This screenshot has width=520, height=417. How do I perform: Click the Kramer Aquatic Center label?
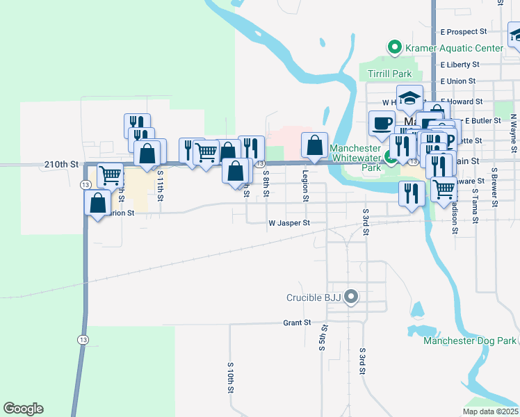pyautogui.click(x=455, y=48)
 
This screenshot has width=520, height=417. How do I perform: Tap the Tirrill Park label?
pyautogui.click(x=390, y=74)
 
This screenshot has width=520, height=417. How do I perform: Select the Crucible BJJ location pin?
pyautogui.click(x=352, y=297)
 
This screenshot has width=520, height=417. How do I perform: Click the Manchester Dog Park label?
pyautogui.click(x=470, y=341)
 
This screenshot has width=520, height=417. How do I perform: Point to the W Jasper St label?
pyautogui.click(x=288, y=223)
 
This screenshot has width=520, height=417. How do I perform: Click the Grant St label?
pyautogui.click(x=296, y=323)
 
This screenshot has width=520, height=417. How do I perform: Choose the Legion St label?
pyautogui.click(x=305, y=186)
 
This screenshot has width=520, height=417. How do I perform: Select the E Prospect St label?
pyautogui.click(x=464, y=32)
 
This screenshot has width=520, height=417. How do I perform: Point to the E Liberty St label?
pyautogui.click(x=460, y=65)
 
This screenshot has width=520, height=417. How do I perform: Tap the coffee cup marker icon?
pyautogui.click(x=382, y=123)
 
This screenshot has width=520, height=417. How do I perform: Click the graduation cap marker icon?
pyautogui.click(x=410, y=98)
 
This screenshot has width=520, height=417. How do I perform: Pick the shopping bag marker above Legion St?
pyautogui.click(x=315, y=145)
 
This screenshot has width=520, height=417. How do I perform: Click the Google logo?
pyautogui.click(x=24, y=409)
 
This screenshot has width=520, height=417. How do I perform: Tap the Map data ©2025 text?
pyautogui.click(x=490, y=411)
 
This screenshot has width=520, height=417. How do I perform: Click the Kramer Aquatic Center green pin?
pyautogui.click(x=395, y=48)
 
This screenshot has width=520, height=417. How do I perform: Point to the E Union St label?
pyautogui.click(x=457, y=81)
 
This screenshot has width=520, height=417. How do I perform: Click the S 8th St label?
pyautogui.click(x=266, y=183)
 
